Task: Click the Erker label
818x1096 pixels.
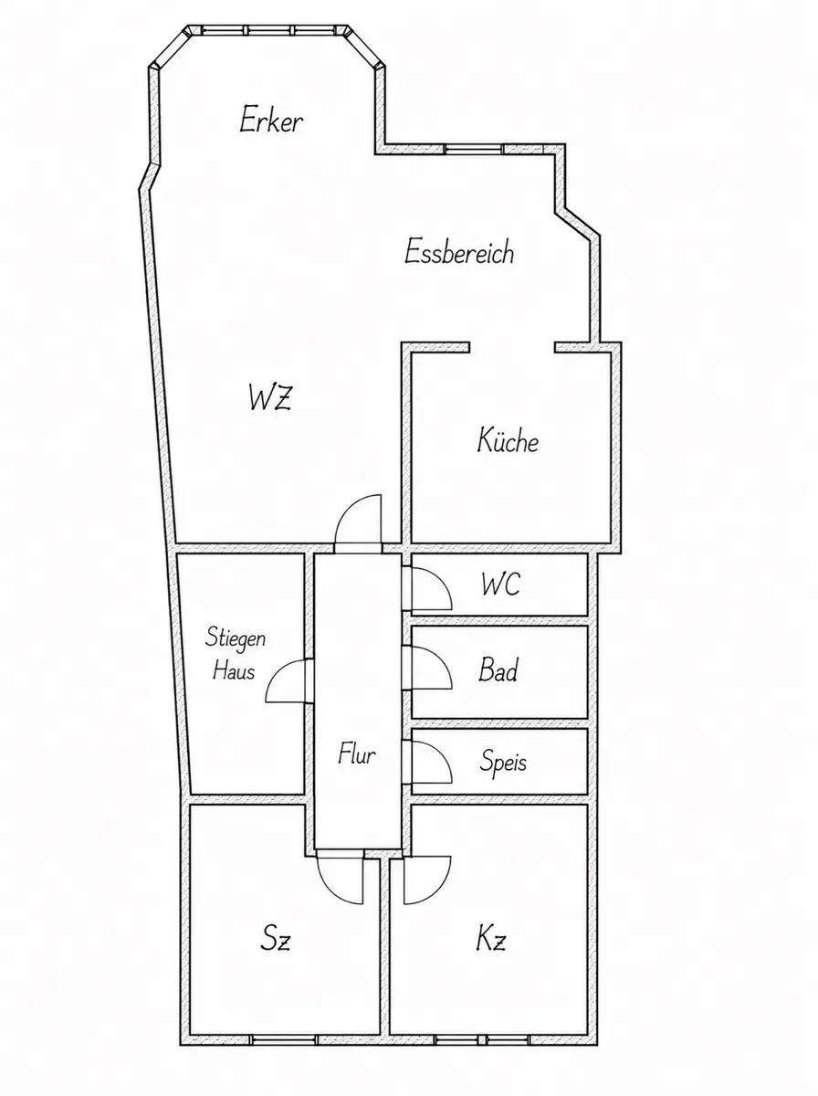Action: coord(271,121)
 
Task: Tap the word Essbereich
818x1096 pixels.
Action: coord(458,252)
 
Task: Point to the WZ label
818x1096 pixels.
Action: coord(270,397)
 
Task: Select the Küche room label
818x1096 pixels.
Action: coord(509,439)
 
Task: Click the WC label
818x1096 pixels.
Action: coord(501,584)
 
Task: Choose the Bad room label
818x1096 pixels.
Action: coord(498,670)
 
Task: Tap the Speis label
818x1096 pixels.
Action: coord(503,762)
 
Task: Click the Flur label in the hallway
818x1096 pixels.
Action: coord(356,754)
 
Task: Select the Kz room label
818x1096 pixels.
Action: coord(491,938)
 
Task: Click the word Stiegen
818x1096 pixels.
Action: coord(236,638)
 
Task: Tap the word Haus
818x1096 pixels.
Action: coord(234,670)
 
